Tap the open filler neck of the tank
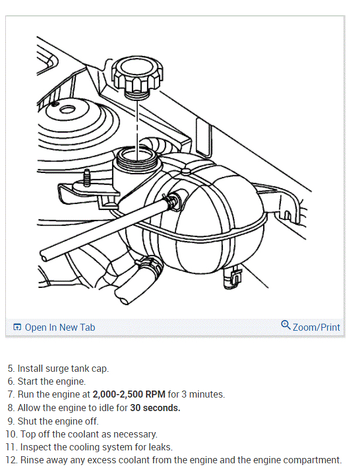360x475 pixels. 136,157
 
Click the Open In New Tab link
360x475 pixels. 59,327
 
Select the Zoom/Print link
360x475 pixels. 316,327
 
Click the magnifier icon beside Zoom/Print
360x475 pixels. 286,325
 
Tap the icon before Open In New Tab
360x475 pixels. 17,327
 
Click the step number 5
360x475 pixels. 11,369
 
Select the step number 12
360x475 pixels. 11,460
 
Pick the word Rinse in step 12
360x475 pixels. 33,460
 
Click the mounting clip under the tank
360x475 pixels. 233,277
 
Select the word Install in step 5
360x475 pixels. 30,369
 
